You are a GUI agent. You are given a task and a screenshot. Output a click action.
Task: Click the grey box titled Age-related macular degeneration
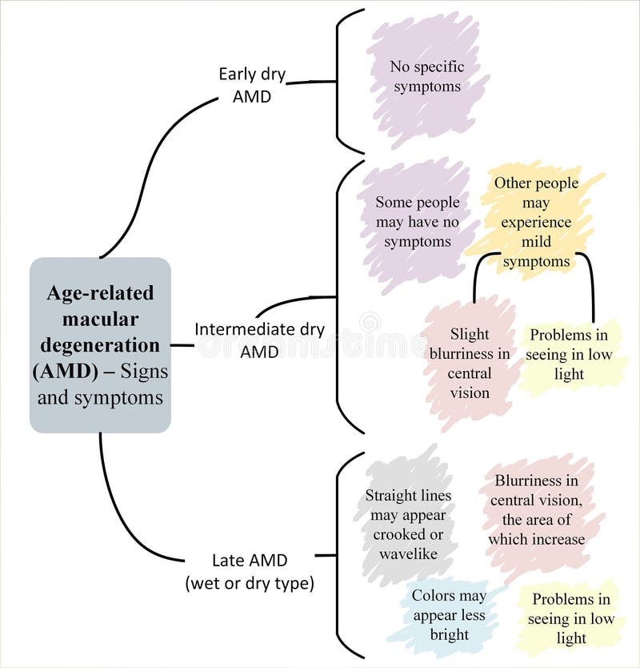pyautogui.click(x=100, y=345)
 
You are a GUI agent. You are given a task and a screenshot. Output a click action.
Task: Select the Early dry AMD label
pyautogui.click(x=252, y=84)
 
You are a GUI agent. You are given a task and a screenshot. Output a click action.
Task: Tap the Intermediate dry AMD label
pyautogui.click(x=259, y=340)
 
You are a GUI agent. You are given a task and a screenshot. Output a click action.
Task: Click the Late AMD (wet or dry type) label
pyautogui.click(x=249, y=572)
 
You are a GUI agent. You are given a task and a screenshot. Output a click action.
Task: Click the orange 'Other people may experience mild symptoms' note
pyautogui.click(x=536, y=222)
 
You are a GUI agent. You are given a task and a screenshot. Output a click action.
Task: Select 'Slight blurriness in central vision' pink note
pyautogui.click(x=469, y=363)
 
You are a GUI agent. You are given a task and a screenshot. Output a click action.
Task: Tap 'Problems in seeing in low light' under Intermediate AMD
pyautogui.click(x=569, y=355)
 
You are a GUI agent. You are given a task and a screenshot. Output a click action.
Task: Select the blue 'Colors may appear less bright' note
pyautogui.click(x=448, y=615)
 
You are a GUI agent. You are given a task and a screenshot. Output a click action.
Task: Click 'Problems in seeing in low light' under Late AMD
pyautogui.click(x=570, y=618)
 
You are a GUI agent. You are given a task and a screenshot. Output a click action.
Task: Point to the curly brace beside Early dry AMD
pyautogui.click(x=339, y=80)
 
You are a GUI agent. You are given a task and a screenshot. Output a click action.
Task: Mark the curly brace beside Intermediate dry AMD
pyautogui.click(x=339, y=296)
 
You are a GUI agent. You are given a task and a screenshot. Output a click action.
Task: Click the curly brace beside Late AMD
pyautogui.click(x=339, y=554)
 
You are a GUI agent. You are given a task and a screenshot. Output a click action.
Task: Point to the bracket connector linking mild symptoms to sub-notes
pyautogui.click(x=533, y=255)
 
